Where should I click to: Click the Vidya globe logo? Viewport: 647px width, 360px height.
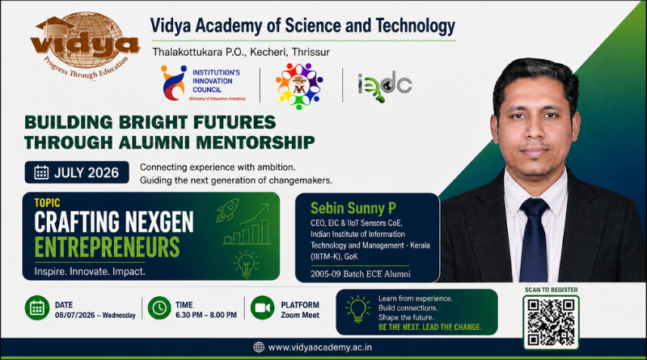click(x=85, y=44)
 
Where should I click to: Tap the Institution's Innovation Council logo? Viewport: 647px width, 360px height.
click(x=203, y=83)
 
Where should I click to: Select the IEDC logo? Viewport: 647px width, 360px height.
click(x=385, y=87)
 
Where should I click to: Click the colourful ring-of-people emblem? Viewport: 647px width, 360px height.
click(x=299, y=86)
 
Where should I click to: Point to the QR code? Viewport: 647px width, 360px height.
click(x=551, y=322)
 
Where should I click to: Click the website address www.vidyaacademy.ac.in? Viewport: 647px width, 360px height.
click(x=319, y=347)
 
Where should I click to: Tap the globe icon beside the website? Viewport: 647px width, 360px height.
click(x=259, y=347)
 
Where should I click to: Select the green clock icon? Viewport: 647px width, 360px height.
click(x=159, y=308)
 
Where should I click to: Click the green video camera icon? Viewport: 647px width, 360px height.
click(x=262, y=308)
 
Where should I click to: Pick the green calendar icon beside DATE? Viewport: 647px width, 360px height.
click(x=37, y=308)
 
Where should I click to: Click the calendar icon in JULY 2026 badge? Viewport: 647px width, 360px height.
click(x=41, y=172)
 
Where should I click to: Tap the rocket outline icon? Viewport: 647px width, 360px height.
click(x=227, y=210)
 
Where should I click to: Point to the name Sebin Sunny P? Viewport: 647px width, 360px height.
click(x=353, y=208)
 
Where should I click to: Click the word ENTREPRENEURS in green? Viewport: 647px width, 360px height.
click(x=108, y=247)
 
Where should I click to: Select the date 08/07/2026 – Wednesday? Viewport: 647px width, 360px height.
click(x=95, y=315)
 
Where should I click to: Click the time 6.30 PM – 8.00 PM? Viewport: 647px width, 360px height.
click(x=206, y=315)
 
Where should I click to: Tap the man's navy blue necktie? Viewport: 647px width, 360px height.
click(x=534, y=239)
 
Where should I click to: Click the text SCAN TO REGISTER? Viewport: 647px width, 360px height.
click(x=552, y=290)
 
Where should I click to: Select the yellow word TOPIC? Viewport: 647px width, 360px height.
click(x=47, y=203)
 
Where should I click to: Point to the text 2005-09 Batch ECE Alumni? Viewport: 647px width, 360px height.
click(x=361, y=273)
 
